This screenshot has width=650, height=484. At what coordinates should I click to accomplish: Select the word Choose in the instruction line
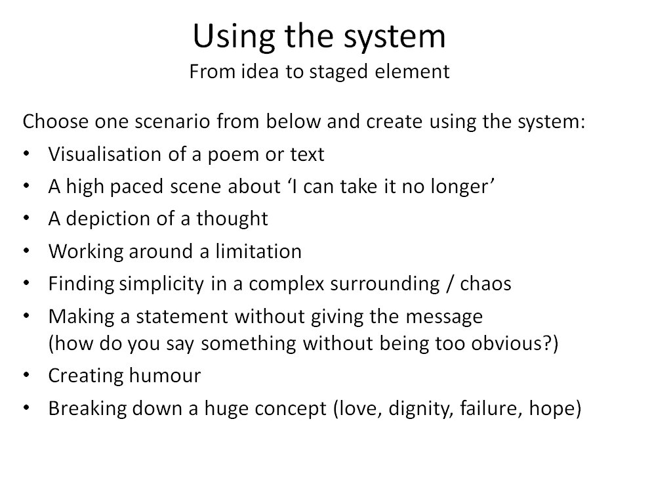(56, 121)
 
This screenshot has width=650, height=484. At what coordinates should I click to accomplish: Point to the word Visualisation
(104, 154)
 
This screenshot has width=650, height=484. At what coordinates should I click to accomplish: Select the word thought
(232, 219)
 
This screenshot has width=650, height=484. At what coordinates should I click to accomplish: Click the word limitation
(258, 251)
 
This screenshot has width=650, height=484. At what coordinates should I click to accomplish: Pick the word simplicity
(161, 284)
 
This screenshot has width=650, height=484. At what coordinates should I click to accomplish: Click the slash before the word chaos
(450, 284)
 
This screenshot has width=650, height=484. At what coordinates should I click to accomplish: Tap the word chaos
(485, 284)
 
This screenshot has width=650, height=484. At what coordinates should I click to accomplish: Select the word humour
(165, 376)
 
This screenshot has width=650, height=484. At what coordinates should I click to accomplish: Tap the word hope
(552, 409)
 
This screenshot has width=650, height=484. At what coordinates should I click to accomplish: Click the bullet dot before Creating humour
(26, 375)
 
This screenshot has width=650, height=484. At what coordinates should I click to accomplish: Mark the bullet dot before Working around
(26, 251)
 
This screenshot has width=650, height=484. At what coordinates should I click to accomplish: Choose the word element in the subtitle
(412, 72)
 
